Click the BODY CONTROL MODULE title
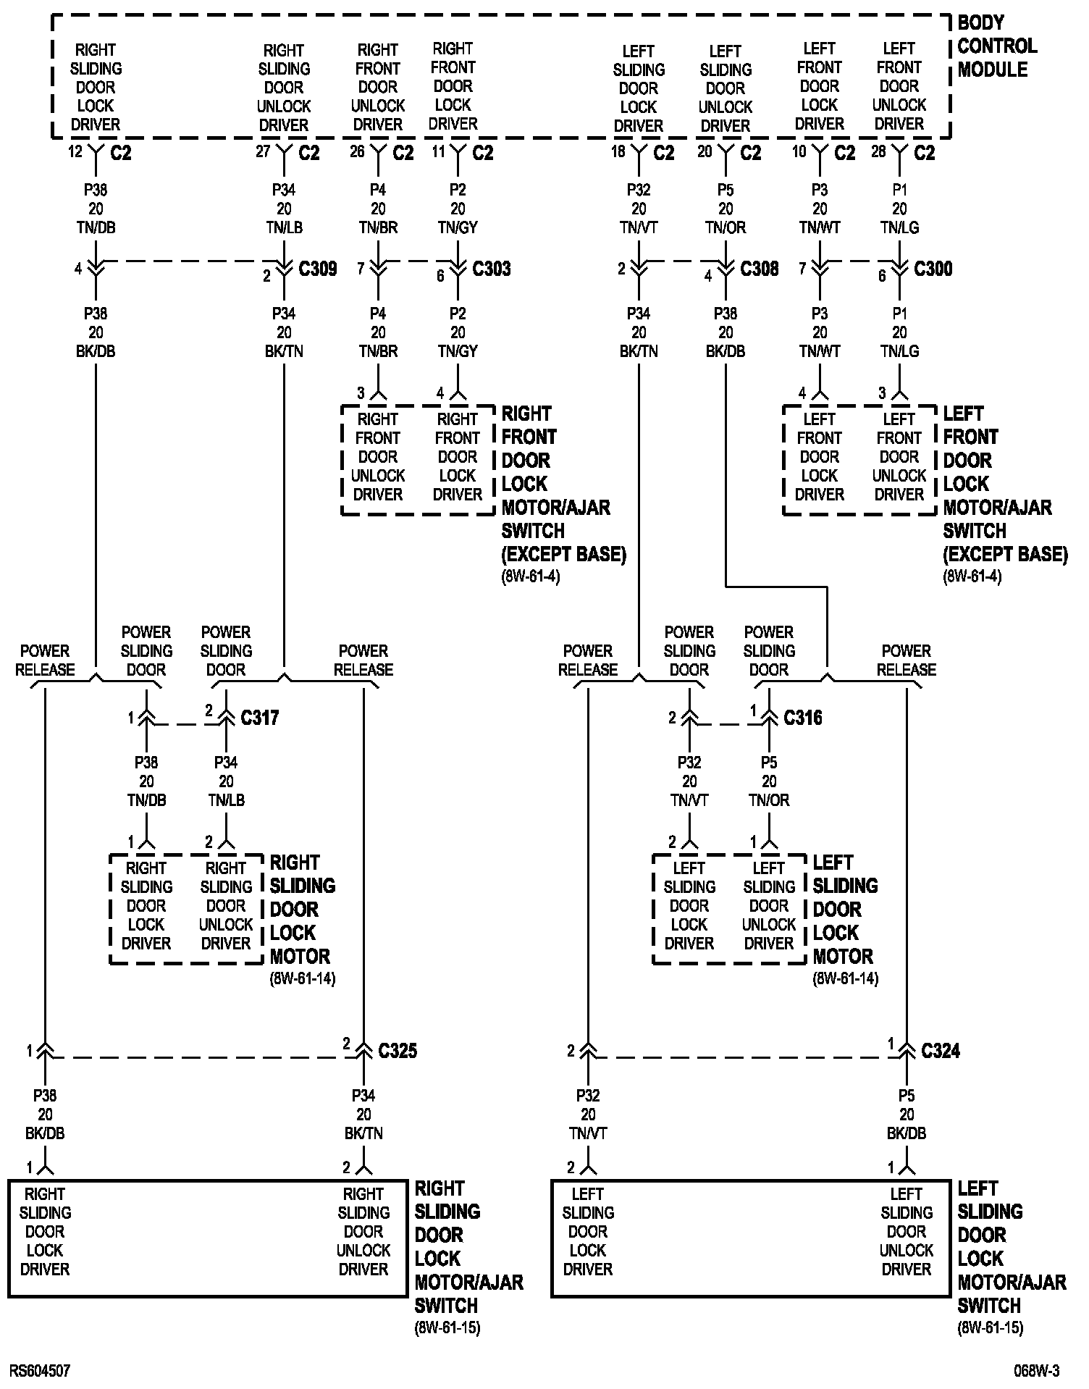pos(996,46)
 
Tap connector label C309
pos(317,269)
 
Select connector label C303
pos(491,269)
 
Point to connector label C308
pos(759,269)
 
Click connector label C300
pos(933,269)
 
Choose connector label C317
pos(259,718)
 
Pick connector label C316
pos(802,718)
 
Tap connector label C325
pos(397,1051)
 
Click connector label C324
pos(940,1051)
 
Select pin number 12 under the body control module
pos(75,153)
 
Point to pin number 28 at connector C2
pos(878,153)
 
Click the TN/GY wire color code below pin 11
pos(458,227)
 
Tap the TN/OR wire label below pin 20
pos(726,227)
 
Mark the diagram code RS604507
pos(40,1371)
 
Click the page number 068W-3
pos(1036,1371)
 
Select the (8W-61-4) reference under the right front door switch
pos(531,577)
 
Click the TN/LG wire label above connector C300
pos(899,227)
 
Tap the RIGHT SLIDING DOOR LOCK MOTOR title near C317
pos(302,909)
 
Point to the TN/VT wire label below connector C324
pos(588,1133)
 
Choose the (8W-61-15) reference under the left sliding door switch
pos(990,1328)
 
